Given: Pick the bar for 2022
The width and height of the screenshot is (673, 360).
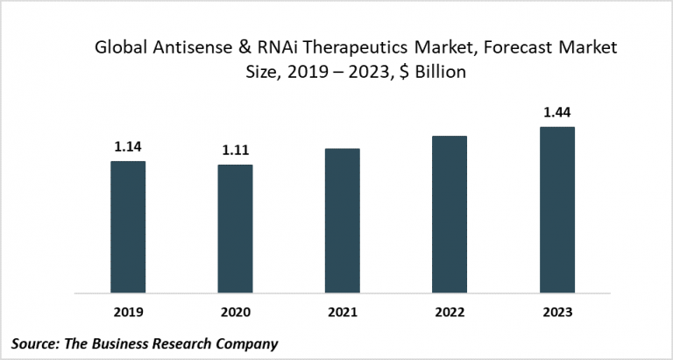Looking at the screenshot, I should [449, 214].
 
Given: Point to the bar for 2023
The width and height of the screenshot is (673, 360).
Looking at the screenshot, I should [556, 209].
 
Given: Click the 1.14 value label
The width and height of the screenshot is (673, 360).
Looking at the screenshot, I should [128, 146].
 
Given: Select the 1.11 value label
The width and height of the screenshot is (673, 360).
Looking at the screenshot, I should [235, 150].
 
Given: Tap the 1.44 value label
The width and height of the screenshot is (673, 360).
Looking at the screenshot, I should [556, 112].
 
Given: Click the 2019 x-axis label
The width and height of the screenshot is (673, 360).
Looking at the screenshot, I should [128, 311].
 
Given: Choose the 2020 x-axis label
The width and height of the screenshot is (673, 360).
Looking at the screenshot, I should [235, 311].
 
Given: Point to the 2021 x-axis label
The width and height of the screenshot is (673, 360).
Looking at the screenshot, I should [342, 311].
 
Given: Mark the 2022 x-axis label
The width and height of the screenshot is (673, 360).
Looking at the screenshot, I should [449, 311].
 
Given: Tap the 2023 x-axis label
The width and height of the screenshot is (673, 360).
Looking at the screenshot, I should [556, 311].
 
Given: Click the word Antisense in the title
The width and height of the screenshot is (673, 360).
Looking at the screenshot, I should [185, 51].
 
